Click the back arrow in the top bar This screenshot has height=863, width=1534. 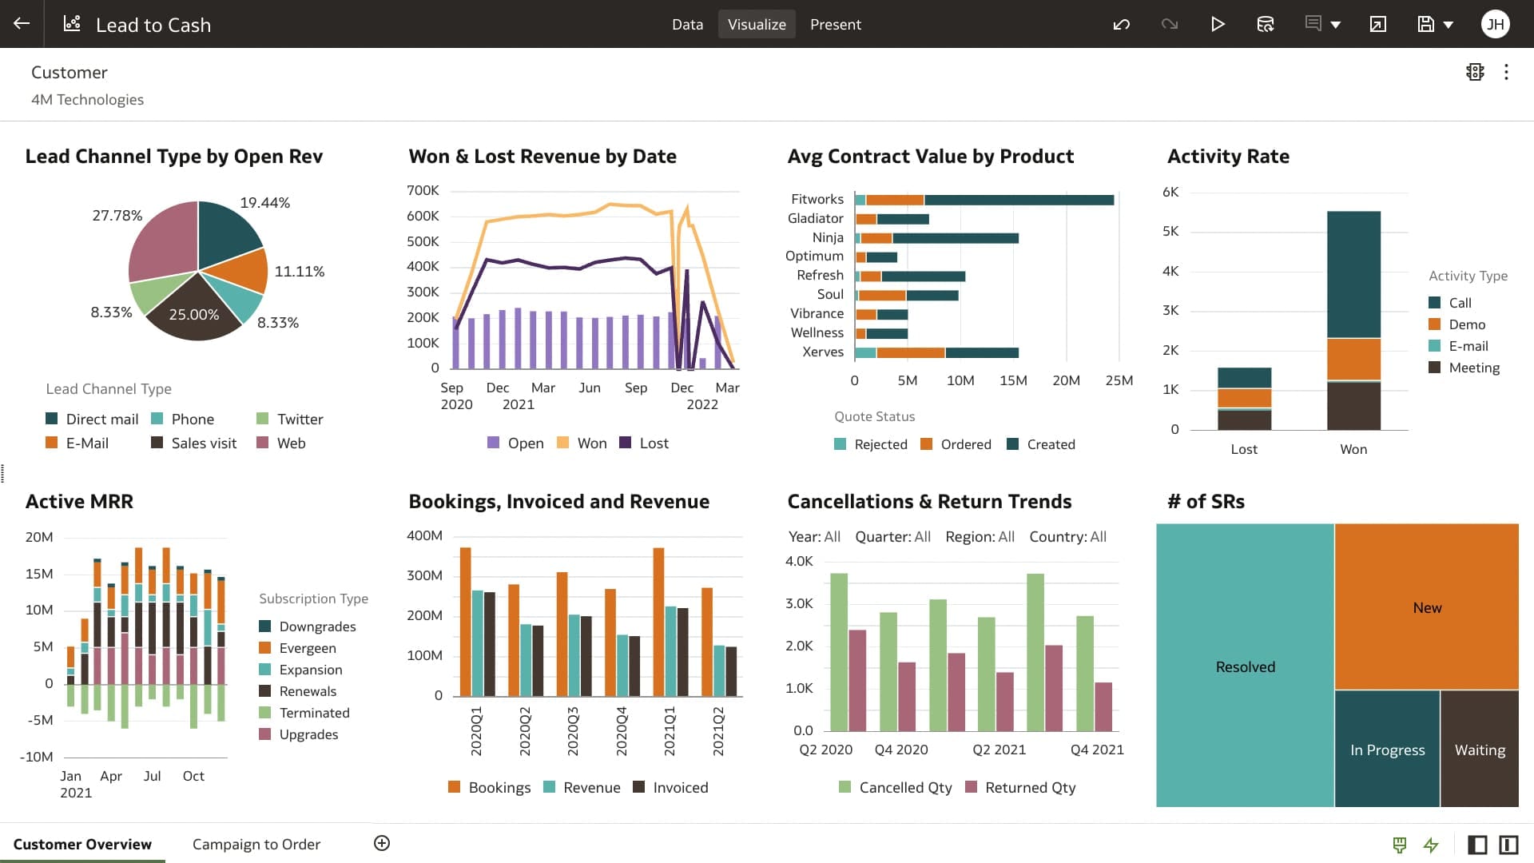point(22,24)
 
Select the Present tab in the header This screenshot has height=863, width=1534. point(835,24)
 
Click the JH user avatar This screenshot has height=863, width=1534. point(1495,24)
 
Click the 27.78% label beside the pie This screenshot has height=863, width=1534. point(117,216)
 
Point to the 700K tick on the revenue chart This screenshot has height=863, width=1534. point(423,190)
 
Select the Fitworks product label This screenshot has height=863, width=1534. point(817,199)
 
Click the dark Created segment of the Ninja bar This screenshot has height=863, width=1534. point(955,238)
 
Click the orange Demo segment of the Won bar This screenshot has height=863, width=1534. point(1353,359)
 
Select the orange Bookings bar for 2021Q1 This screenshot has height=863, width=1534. point(658,622)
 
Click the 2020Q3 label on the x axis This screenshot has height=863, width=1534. point(573,730)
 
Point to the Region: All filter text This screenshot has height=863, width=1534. point(980,537)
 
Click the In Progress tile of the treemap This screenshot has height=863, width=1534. point(1386,749)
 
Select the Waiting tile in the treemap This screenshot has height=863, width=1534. point(1479,749)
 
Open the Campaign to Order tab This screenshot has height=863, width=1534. point(256,844)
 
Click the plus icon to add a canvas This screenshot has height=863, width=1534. point(382,843)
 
